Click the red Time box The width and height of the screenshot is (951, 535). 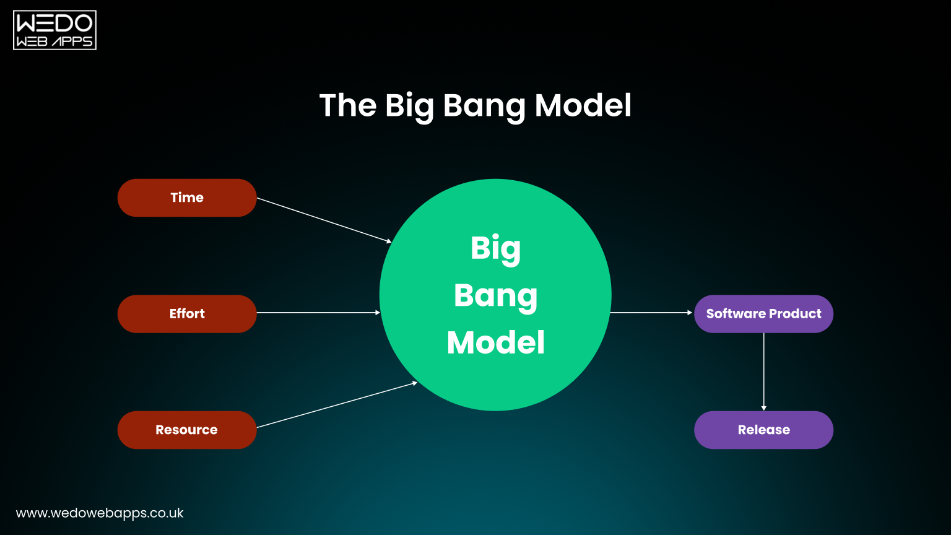pyautogui.click(x=187, y=198)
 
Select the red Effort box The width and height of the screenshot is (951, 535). pyautogui.click(x=187, y=313)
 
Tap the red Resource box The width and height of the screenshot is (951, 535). pyautogui.click(x=187, y=430)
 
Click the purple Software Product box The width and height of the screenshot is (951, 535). pyautogui.click(x=763, y=313)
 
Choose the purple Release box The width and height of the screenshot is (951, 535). pyautogui.click(x=763, y=430)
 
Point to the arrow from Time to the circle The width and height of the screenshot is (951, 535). pyautogui.click(x=324, y=220)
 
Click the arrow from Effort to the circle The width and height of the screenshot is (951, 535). pyautogui.click(x=318, y=313)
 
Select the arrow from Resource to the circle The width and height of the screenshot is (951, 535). pyautogui.click(x=337, y=405)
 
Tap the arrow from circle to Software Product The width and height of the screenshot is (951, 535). pyautogui.click(x=651, y=313)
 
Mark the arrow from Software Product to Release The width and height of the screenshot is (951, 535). pyautogui.click(x=763, y=372)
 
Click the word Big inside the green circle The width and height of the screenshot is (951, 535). pyautogui.click(x=495, y=249)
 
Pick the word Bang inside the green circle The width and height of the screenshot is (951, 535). pyautogui.click(x=495, y=295)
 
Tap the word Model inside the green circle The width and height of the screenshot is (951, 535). pyautogui.click(x=495, y=342)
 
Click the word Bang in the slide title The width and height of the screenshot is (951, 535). pyautogui.click(x=485, y=106)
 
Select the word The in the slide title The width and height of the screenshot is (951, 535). pyautogui.click(x=347, y=105)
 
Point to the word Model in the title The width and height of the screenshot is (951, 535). pyautogui.click(x=583, y=105)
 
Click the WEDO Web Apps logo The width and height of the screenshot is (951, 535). pyautogui.click(x=54, y=30)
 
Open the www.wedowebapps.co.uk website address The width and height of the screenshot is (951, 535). pyautogui.click(x=100, y=513)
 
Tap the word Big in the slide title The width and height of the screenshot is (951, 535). pyautogui.click(x=409, y=106)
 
